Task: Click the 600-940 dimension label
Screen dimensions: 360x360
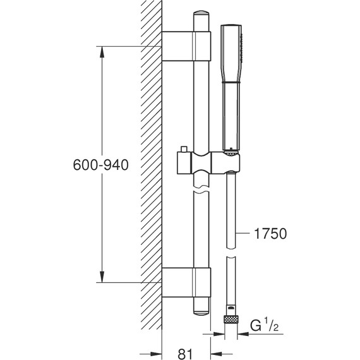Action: pyautogui.click(x=100, y=165)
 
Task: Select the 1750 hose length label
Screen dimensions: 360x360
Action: pyautogui.click(x=271, y=234)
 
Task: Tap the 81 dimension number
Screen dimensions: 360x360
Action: pyautogui.click(x=185, y=354)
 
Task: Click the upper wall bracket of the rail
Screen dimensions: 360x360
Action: pyautogui.click(x=186, y=46)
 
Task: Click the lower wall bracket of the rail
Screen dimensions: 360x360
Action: pyautogui.click(x=186, y=282)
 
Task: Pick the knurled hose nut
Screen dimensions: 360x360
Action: pyautogui.click(x=231, y=319)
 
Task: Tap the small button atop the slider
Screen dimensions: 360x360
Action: pyautogui.click(x=183, y=149)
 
